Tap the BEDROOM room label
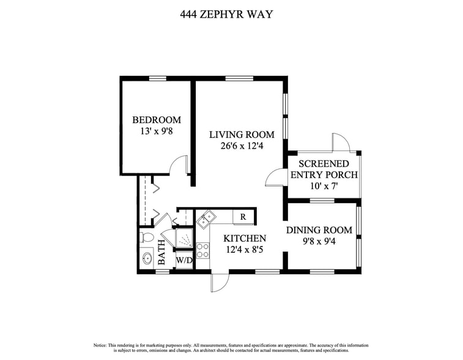click(157, 120)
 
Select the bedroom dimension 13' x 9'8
click(157, 131)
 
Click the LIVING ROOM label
click(242, 135)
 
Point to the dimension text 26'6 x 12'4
click(242, 146)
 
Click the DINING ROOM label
click(319, 230)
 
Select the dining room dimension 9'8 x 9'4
click(319, 241)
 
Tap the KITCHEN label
click(245, 239)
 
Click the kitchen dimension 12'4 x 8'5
click(245, 249)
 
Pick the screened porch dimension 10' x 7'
click(324, 186)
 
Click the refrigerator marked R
click(243, 217)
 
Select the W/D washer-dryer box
click(183, 261)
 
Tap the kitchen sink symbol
click(206, 218)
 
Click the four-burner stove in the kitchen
click(202, 250)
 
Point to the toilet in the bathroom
click(147, 237)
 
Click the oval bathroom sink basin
click(147, 258)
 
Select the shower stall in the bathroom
click(183, 238)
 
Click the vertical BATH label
click(162, 252)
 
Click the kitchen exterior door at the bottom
click(220, 281)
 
